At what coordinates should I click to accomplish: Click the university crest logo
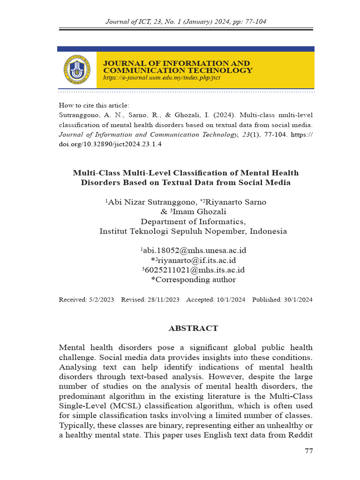[76, 69]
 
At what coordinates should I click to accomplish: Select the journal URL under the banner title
[162, 78]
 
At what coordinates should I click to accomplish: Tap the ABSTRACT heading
[193, 328]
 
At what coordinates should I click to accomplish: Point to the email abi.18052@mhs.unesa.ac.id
[194, 250]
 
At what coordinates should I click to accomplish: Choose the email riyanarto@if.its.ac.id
[194, 260]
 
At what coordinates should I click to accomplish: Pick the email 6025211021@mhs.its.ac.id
[194, 270]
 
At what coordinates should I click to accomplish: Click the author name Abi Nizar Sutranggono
[151, 202]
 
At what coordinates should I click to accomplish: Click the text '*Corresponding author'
[193, 280]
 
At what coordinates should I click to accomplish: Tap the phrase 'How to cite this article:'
[94, 105]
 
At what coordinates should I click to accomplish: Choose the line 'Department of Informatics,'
[193, 222]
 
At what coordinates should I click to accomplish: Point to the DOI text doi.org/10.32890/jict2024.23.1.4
[110, 143]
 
